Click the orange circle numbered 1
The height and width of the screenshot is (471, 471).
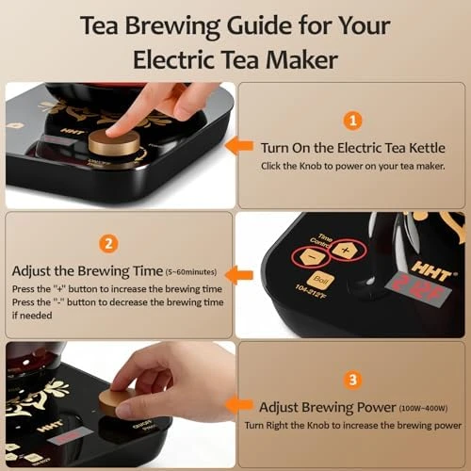[352, 121]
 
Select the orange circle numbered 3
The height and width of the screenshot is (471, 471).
[351, 382]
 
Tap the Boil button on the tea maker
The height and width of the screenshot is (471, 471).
[320, 281]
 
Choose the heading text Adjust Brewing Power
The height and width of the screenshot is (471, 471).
[317, 408]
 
